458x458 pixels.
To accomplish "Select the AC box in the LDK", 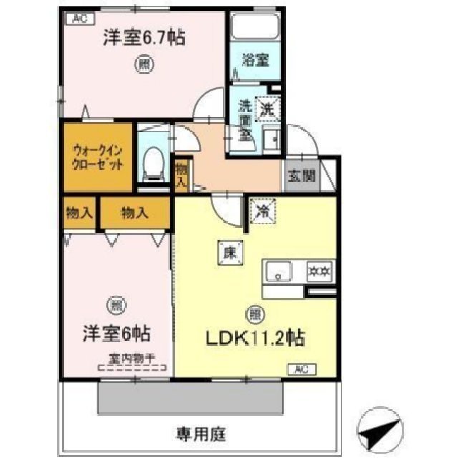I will pyautogui.click(x=302, y=370).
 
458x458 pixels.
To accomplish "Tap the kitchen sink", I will pyautogui.click(x=280, y=272).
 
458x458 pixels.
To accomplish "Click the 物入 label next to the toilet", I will pyautogui.click(x=182, y=176).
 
